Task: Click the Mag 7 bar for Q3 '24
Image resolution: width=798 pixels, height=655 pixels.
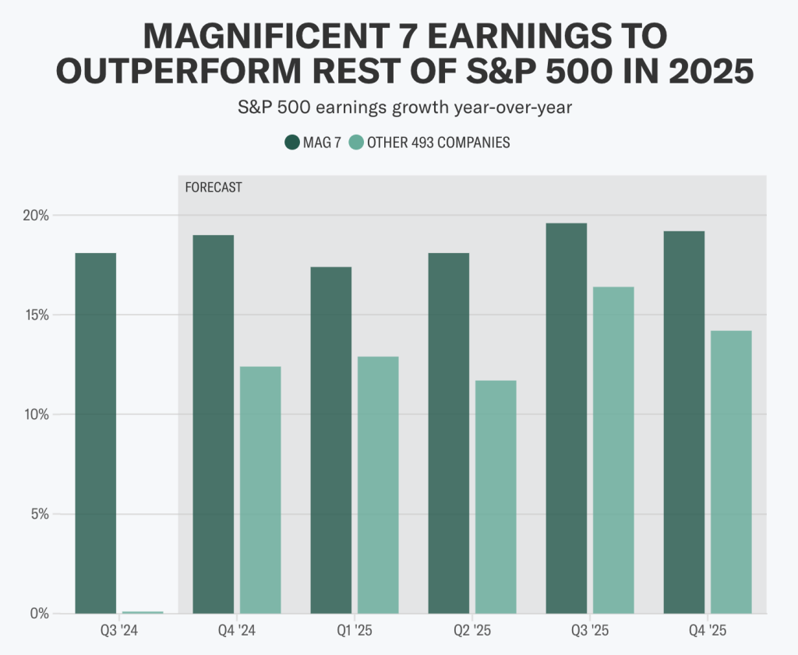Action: pyautogui.click(x=96, y=433)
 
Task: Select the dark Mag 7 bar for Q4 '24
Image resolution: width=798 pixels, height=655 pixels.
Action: pyautogui.click(x=213, y=424)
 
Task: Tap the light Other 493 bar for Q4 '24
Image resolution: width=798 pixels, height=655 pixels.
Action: pyautogui.click(x=260, y=490)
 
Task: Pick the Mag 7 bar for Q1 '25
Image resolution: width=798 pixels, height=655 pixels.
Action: pyautogui.click(x=330, y=440)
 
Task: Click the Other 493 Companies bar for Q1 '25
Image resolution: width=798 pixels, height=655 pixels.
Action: pyautogui.click(x=378, y=485)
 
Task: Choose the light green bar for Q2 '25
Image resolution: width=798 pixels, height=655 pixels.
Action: pyautogui.click(x=496, y=497)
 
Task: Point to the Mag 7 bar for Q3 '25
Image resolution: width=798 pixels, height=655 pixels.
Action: pyautogui.click(x=566, y=418)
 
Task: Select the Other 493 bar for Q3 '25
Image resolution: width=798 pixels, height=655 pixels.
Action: pyautogui.click(x=613, y=450)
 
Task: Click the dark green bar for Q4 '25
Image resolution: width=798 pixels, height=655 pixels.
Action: pyautogui.click(x=683, y=422)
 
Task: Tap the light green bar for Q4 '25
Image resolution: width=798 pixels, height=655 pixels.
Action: pyautogui.click(x=731, y=472)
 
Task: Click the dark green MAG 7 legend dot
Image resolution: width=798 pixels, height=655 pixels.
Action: pyautogui.click(x=292, y=143)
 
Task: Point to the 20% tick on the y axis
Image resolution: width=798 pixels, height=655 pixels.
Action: pyautogui.click(x=35, y=216)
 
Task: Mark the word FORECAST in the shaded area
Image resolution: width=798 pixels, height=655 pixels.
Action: pyautogui.click(x=214, y=188)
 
